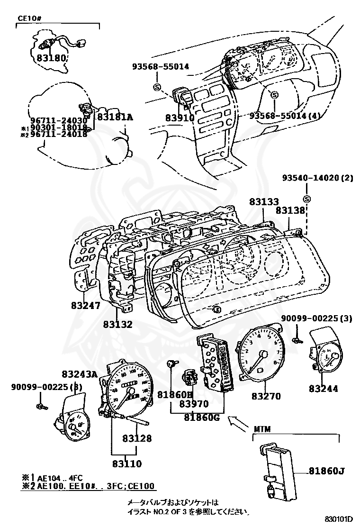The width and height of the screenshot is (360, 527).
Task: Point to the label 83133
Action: tap(264, 201)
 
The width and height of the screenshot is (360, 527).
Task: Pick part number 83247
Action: tap(86, 306)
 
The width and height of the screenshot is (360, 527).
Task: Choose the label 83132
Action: tap(118, 325)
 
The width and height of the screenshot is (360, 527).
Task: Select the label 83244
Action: tap(324, 389)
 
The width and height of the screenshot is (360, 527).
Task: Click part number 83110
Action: tap(127, 463)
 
